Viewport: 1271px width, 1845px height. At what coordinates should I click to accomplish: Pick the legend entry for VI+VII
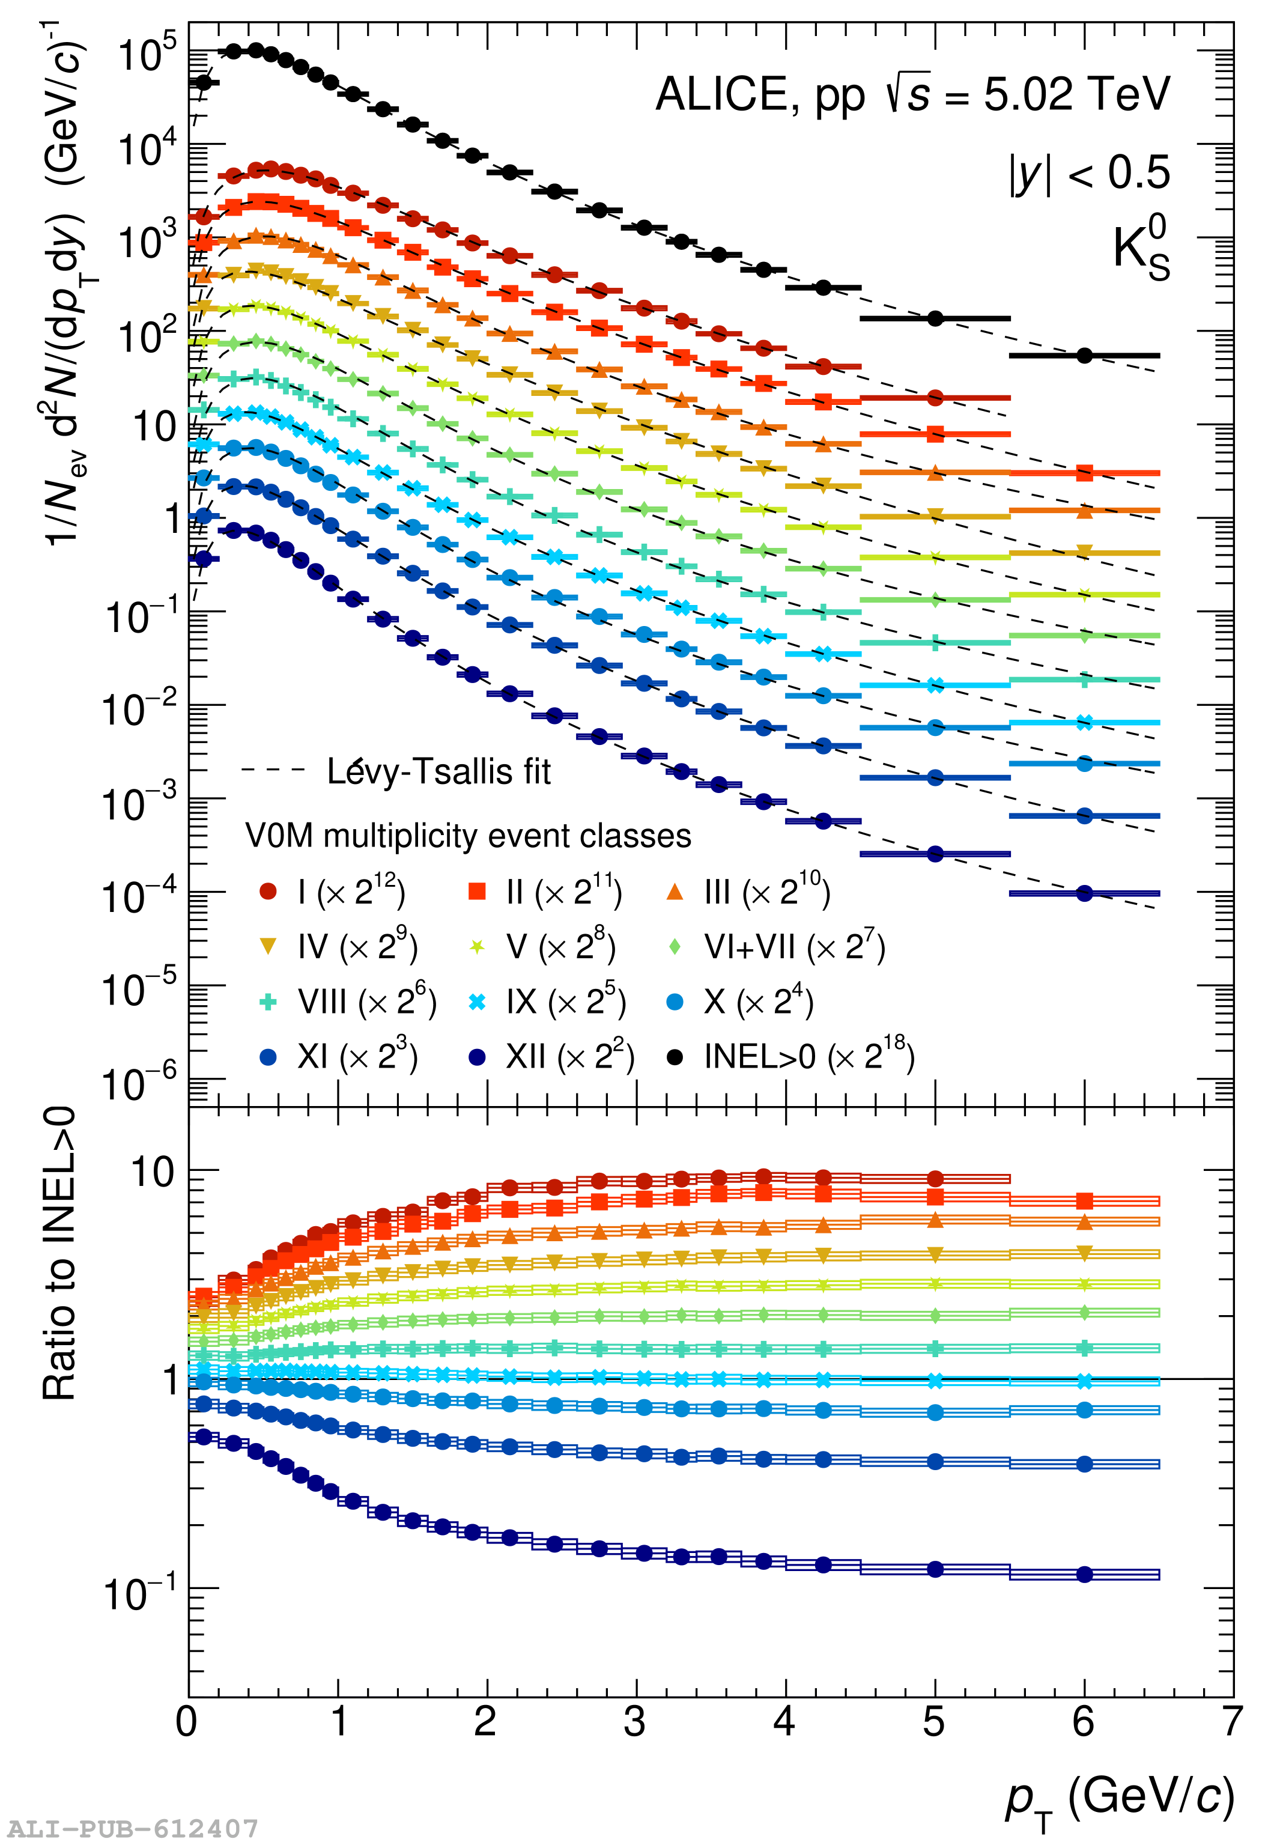click(777, 947)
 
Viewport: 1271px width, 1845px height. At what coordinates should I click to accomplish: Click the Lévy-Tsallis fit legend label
click(438, 771)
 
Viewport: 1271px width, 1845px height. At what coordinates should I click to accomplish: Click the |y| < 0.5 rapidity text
click(1088, 173)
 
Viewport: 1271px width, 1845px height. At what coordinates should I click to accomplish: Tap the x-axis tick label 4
click(784, 1722)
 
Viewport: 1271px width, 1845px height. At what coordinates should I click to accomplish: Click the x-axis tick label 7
click(1232, 1722)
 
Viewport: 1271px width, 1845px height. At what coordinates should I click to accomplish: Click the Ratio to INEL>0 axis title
click(59, 1254)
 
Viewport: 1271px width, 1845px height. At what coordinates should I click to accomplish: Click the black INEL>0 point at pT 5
click(935, 318)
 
